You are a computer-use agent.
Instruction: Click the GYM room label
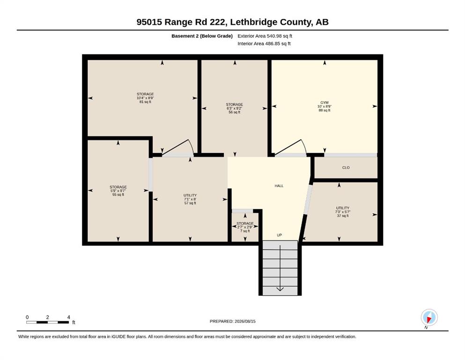point(325,102)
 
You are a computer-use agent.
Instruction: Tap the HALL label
point(279,186)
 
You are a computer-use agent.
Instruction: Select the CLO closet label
point(346,168)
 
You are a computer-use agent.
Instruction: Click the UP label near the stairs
point(280,235)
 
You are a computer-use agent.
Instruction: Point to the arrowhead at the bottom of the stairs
point(280,289)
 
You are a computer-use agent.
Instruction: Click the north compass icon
point(429,317)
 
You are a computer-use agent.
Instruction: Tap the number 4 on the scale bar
point(68,317)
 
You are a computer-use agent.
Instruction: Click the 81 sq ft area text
point(145,102)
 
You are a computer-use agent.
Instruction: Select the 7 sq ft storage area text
point(245,231)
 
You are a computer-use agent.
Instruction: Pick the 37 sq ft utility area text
point(343,216)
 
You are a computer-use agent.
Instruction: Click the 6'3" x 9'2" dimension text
point(234,108)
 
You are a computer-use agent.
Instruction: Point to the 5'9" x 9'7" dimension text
point(118,191)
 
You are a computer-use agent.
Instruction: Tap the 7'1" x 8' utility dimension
point(190,199)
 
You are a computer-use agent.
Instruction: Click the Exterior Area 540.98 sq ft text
point(265,36)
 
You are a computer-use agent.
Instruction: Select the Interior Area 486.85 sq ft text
point(264,44)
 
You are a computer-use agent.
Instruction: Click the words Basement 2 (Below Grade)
point(202,36)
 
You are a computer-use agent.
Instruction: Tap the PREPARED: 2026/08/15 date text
point(232,322)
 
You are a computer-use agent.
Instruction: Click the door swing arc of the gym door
point(304,146)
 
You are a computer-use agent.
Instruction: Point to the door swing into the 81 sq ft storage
point(191,146)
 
